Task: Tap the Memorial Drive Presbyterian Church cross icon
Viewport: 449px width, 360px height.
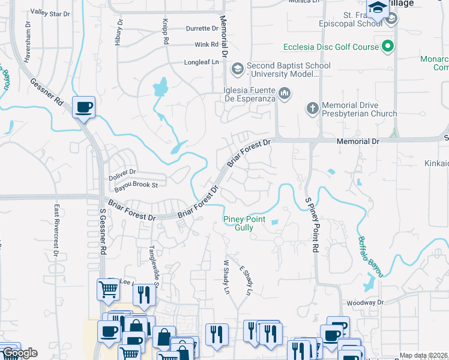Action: [x=312, y=109]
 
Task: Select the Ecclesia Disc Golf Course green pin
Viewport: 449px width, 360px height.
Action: [x=388, y=46]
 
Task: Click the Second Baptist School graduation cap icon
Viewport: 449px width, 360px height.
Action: [x=237, y=69]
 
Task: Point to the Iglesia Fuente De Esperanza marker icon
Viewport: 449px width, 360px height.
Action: [x=285, y=94]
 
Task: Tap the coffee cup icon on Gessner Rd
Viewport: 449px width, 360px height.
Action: [x=83, y=108]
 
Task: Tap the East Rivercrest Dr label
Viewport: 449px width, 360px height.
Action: [x=56, y=230]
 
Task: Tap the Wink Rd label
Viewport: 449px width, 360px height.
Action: [x=206, y=44]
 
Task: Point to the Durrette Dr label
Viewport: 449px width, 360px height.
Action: [x=202, y=28]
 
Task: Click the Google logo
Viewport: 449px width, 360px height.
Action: [x=20, y=353]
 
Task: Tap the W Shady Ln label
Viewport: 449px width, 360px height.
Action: [x=227, y=277]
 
